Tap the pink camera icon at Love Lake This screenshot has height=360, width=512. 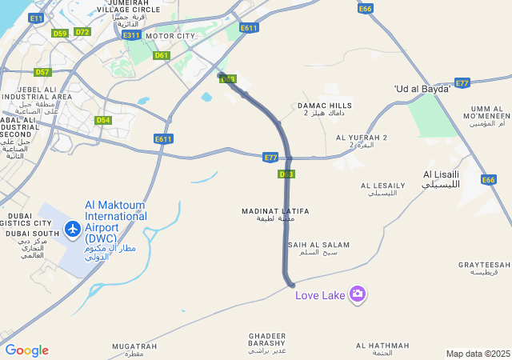358,294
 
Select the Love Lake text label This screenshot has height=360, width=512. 320,295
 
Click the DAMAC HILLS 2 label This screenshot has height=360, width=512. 325,109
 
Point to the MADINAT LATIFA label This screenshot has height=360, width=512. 275,214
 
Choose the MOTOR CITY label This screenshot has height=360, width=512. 170,36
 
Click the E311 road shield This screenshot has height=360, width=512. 132,35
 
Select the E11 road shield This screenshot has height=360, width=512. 36,18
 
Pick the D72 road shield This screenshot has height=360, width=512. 82,32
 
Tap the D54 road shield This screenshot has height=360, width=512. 102,120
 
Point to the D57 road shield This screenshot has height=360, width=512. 42,72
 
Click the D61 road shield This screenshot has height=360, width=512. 162,55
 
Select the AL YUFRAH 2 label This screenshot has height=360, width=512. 362,141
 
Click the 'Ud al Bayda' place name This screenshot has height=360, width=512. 422,88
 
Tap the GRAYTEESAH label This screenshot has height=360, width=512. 484,268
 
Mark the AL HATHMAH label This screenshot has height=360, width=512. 382,349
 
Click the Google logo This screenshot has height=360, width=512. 26,350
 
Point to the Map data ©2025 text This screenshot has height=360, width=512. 478,354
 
